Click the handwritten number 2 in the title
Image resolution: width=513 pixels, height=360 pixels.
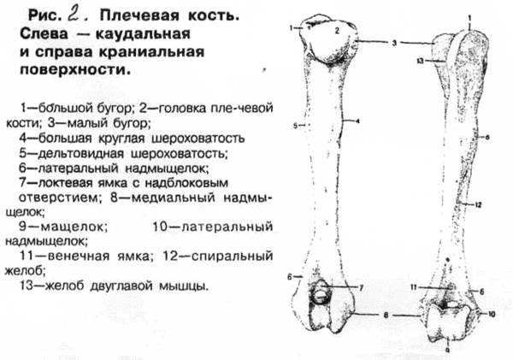(65, 15)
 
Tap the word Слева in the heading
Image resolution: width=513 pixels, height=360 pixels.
(50, 37)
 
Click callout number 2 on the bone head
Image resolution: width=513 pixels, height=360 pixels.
(337, 31)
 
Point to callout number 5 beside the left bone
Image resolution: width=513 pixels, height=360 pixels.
(294, 127)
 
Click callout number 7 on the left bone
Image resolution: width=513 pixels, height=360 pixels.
(362, 287)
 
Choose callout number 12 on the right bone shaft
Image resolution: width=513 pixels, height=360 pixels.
(480, 204)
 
